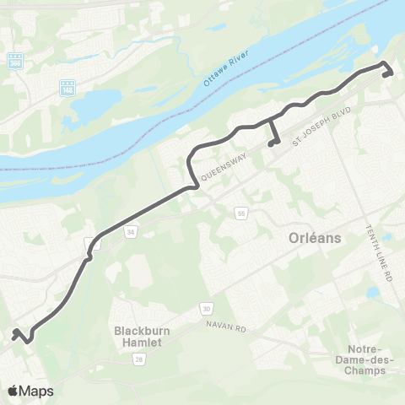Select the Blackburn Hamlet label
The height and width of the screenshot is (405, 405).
click(143, 337)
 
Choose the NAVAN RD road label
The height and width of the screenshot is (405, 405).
click(224, 326)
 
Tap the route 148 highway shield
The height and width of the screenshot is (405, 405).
click(67, 87)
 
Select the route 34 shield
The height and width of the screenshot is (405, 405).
click(131, 229)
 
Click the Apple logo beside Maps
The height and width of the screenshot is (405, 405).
click(13, 391)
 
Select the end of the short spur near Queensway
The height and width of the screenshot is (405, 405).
click(270, 145)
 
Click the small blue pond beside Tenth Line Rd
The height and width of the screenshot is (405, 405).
click(372, 293)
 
